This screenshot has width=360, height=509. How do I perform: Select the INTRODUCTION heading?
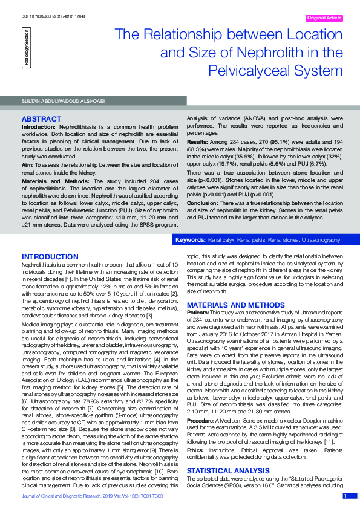(50, 257)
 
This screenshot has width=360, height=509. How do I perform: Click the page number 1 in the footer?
(345, 496)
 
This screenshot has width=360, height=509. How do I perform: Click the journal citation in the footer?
(92, 496)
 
